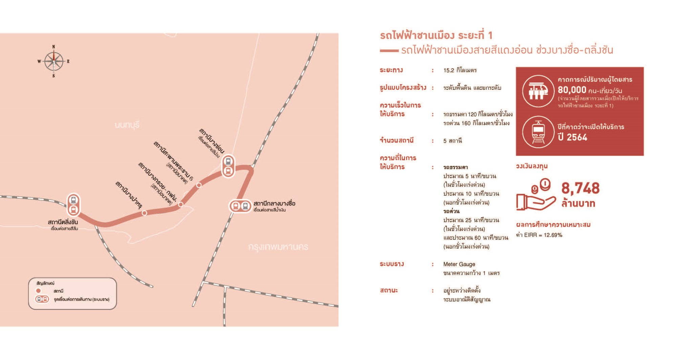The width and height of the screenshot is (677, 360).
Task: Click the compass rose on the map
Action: tap(53, 61)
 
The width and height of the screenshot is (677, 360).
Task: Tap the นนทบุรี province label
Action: tap(127, 125)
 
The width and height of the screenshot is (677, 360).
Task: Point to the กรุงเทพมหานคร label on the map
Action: tap(278, 247)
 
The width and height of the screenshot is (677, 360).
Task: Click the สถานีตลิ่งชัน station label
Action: tap(63, 222)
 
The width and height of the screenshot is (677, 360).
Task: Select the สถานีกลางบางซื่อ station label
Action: tap(274, 204)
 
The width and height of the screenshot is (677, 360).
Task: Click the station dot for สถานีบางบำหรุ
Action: tap(145, 213)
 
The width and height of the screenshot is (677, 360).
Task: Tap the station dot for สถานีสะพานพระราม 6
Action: tap(199, 185)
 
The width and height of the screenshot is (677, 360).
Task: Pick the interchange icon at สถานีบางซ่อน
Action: tap(228, 166)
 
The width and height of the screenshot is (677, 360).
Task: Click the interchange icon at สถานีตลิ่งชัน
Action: tap(73, 205)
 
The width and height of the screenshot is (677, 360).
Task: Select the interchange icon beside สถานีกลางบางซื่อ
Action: tap(240, 206)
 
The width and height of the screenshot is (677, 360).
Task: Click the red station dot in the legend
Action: tap(38, 291)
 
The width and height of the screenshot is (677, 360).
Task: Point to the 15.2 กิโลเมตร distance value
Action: tap(460, 70)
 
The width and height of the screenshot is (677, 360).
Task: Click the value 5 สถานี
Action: tap(452, 141)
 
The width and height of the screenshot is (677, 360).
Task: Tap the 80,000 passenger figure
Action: tap(572, 90)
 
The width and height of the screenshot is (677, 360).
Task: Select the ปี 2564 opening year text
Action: tap(572, 137)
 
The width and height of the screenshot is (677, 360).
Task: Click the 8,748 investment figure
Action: tap(580, 188)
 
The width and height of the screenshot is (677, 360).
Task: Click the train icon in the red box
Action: tap(538, 132)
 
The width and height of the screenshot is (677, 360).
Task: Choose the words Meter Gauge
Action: tap(459, 264)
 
